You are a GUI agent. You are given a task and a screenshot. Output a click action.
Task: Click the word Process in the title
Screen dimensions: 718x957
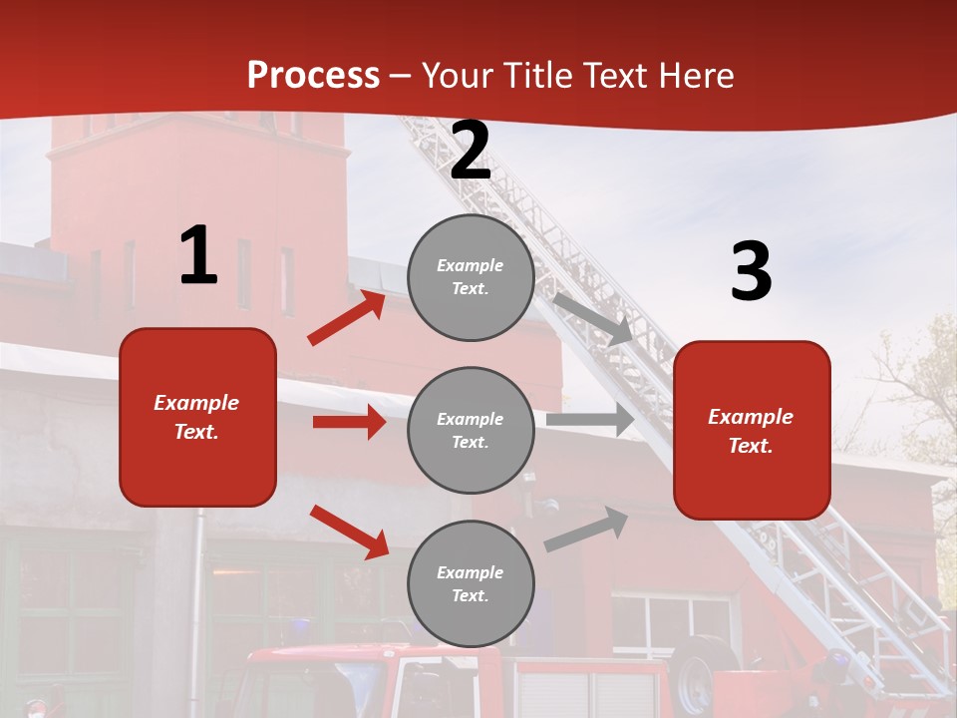coord(313,76)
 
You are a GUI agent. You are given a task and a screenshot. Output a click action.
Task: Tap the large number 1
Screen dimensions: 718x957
coord(198,256)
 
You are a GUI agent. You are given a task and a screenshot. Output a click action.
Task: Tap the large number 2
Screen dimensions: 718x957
coord(471,151)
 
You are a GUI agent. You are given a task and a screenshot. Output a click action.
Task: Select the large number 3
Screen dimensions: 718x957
coord(751,272)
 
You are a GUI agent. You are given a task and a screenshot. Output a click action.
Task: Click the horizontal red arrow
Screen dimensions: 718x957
coord(349,422)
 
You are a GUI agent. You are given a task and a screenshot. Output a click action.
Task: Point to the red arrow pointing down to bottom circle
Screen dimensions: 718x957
coord(349,531)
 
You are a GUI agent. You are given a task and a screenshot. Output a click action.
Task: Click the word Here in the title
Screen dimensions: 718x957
coord(695,76)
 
